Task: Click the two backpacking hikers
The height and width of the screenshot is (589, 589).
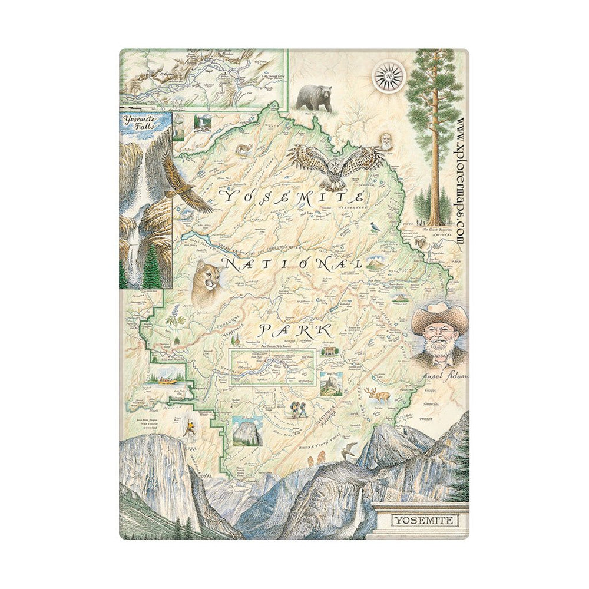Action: [297, 408]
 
